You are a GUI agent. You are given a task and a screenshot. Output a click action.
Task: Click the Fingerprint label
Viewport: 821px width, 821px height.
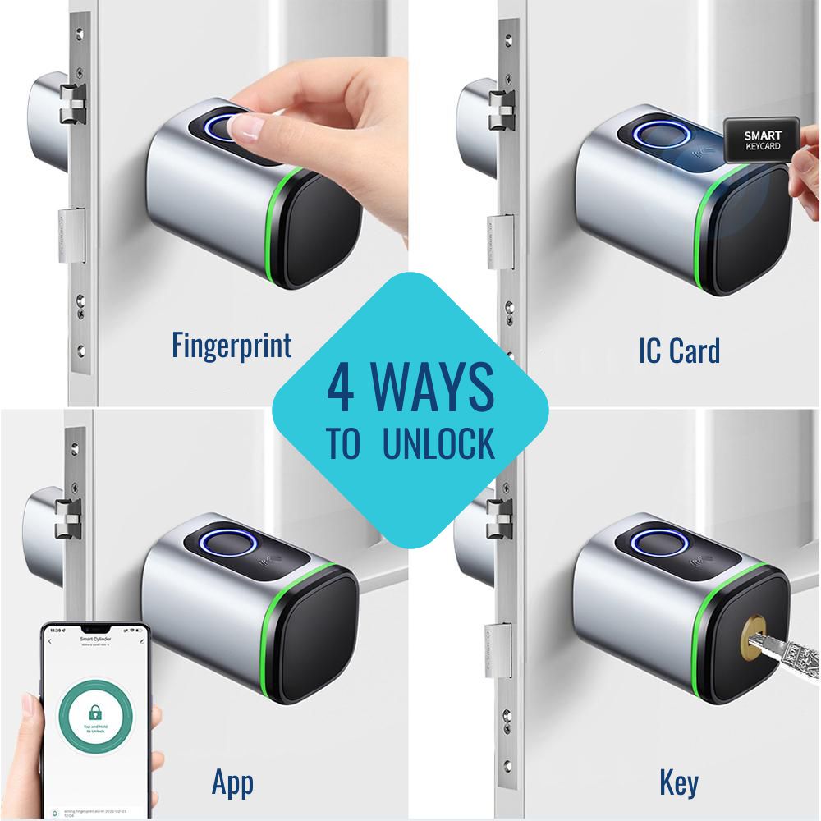point(232,346)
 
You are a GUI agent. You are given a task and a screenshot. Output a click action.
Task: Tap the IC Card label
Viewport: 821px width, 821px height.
point(678,351)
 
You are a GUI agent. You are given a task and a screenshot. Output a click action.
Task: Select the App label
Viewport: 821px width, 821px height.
point(232,782)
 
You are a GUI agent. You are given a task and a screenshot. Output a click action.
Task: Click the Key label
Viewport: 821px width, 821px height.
point(678,782)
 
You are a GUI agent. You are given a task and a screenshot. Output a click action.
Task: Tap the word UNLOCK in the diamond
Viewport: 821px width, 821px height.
point(438,443)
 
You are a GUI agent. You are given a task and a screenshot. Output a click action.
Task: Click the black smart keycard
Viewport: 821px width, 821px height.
point(763,142)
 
